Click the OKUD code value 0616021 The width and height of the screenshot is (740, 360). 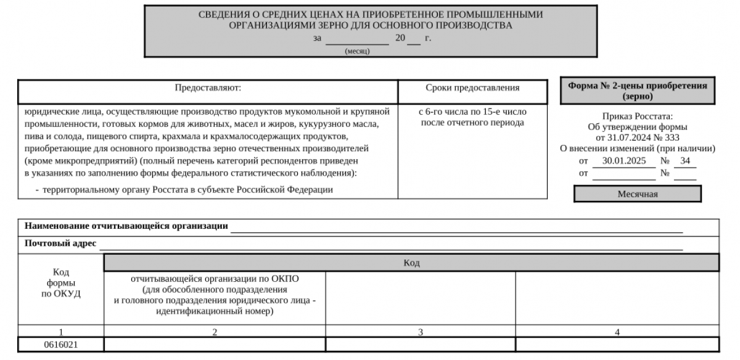coord(61,345)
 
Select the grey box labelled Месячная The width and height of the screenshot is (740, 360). coord(637,194)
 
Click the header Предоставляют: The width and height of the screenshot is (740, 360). coord(208,88)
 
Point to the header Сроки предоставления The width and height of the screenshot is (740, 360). coord(472,88)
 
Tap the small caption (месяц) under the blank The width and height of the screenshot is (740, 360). coord(357,51)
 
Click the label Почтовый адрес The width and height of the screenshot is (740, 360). coord(60,243)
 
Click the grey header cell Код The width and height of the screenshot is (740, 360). coord(411,263)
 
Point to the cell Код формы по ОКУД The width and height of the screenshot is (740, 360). coord(61,283)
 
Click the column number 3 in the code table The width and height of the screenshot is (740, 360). coord(421,332)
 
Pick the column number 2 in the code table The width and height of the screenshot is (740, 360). coord(215,332)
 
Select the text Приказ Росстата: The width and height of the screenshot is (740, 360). coord(637,116)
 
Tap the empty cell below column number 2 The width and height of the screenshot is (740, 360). coord(215,345)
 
